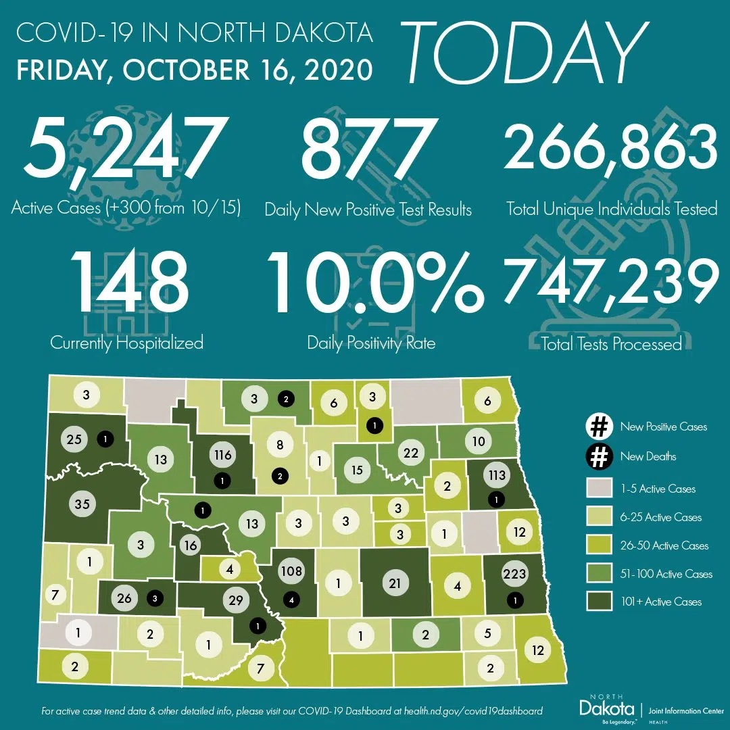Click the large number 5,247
point(122,155)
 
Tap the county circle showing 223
point(515,575)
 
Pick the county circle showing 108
point(291,571)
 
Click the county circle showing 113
point(497,474)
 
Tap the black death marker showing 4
point(291,598)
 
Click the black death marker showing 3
point(155,598)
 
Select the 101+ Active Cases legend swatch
point(598,602)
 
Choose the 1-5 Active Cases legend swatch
point(598,489)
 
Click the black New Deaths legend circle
point(598,456)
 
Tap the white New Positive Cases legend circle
point(598,427)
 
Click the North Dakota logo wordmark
point(607,708)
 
